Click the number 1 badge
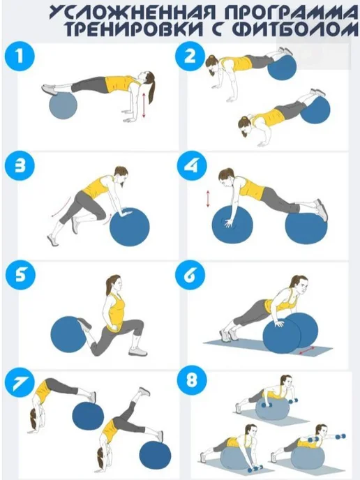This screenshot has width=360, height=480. pos(20,57)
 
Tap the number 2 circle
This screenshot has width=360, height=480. pos(190,57)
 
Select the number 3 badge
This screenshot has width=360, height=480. pos(20,166)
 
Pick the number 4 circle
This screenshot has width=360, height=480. pos(193,166)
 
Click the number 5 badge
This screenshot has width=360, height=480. pos(20,275)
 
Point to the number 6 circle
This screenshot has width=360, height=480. pos(190,275)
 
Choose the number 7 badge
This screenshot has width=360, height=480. pos(20,382)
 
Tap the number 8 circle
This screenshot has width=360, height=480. pos(193,382)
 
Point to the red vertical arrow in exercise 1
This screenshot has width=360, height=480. pos(144,105)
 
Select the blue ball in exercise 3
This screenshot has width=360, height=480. pos(130,227)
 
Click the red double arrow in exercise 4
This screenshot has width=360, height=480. pos(208,199)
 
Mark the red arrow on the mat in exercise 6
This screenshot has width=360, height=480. pos(307,351)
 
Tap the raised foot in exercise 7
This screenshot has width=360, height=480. pos(144,391)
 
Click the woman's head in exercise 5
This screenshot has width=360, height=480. pos(113,284)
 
